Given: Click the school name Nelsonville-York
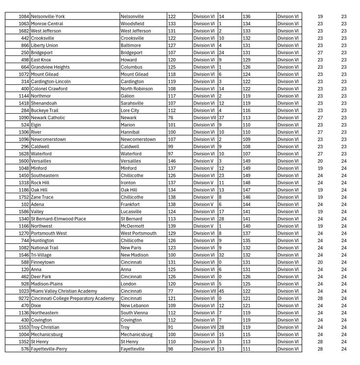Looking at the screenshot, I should click(48, 16).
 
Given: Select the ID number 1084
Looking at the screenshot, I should click(24, 16).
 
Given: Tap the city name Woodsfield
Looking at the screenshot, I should click(132, 23).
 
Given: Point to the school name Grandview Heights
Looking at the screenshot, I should click(50, 67).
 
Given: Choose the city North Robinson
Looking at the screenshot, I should click(136, 89).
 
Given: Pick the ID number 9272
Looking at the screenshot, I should click(24, 298).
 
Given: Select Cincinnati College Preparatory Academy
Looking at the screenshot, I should click(73, 298).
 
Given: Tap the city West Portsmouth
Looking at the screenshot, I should click(138, 233).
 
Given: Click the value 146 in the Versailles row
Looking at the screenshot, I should click(172, 161).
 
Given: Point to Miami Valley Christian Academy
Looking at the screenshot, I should click(64, 291).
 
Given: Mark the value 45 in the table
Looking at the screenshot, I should click(222, 291).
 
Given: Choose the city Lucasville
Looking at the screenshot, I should click(131, 211).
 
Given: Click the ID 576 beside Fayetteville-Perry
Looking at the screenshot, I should click(25, 349).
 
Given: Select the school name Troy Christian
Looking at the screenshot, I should click(45, 327).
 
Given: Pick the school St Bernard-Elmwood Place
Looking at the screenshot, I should click(58, 219).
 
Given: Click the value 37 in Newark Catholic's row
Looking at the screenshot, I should click(222, 117).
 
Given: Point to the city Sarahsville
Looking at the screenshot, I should click(132, 103).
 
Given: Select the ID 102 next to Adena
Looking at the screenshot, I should click(25, 204).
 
